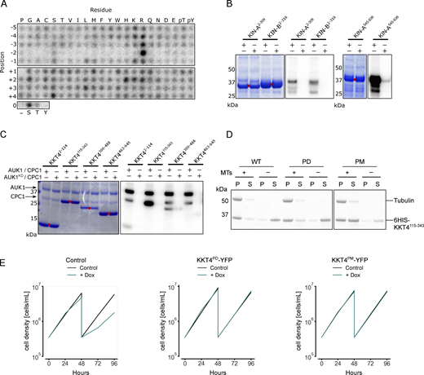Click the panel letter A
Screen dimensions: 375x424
coord(5,6)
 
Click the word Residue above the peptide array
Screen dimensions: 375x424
coord(112,7)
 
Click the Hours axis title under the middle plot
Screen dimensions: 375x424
coord(212,369)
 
